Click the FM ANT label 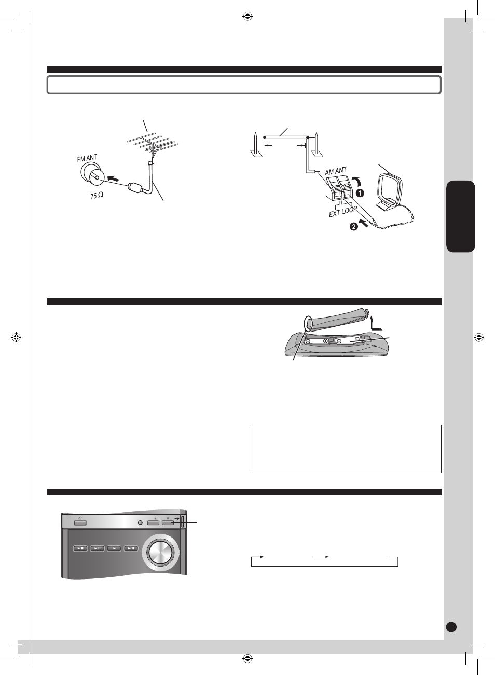coord(87,158)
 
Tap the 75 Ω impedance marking coord(97,196)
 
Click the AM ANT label coord(336,171)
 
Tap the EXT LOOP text coord(343,212)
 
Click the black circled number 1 coord(360,193)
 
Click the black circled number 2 coord(354,226)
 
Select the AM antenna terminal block coord(339,188)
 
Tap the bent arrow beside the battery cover coord(375,324)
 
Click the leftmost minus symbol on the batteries coord(309,341)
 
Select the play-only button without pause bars coord(114,548)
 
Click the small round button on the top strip coord(140,522)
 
